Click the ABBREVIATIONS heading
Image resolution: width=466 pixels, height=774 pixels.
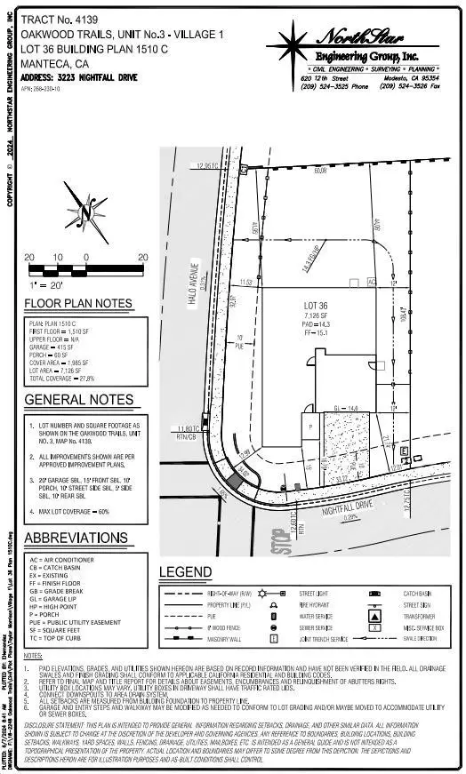click(76, 539)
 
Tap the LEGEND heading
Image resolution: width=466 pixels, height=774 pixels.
click(185, 572)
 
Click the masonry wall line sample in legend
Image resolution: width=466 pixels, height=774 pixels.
click(185, 638)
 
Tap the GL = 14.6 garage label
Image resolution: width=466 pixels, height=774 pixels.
click(345, 409)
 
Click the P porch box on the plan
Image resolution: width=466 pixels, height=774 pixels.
click(310, 426)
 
